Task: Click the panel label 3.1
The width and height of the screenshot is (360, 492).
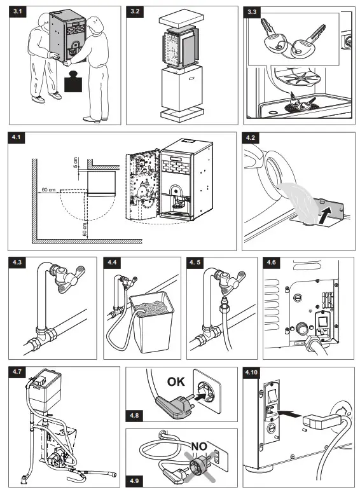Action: (x=18, y=11)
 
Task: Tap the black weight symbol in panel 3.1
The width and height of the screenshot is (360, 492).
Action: (x=73, y=81)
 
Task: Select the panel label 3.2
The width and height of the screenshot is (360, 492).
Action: (x=135, y=11)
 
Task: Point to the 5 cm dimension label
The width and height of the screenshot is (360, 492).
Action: (x=75, y=162)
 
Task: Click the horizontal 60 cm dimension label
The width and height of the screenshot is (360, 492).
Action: (x=48, y=190)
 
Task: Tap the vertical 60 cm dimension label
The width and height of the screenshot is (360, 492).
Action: (x=85, y=229)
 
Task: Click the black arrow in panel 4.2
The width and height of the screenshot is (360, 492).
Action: (x=325, y=217)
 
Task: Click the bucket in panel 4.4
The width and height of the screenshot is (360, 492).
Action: (x=152, y=321)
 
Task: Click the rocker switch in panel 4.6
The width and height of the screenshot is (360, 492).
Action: (x=323, y=322)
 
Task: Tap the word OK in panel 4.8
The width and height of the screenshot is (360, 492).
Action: (x=176, y=381)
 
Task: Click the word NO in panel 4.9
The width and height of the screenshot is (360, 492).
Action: (x=199, y=446)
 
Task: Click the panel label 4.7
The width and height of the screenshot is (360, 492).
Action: (x=17, y=371)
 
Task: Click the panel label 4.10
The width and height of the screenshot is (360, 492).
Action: (x=251, y=372)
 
